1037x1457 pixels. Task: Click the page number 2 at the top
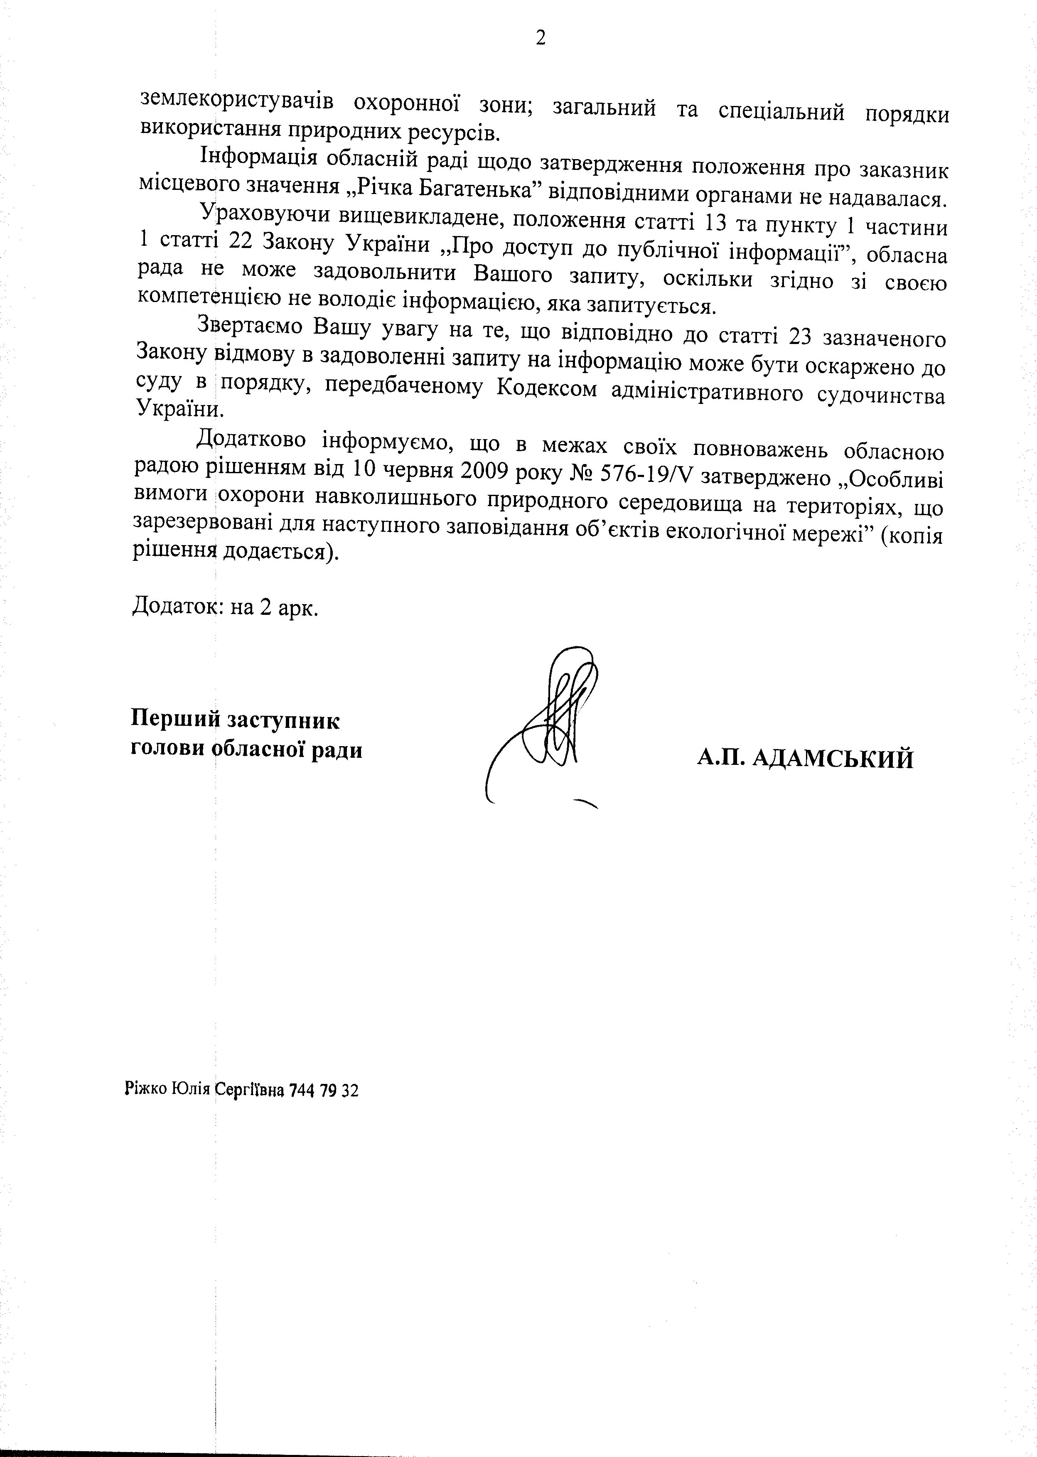(x=540, y=39)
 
